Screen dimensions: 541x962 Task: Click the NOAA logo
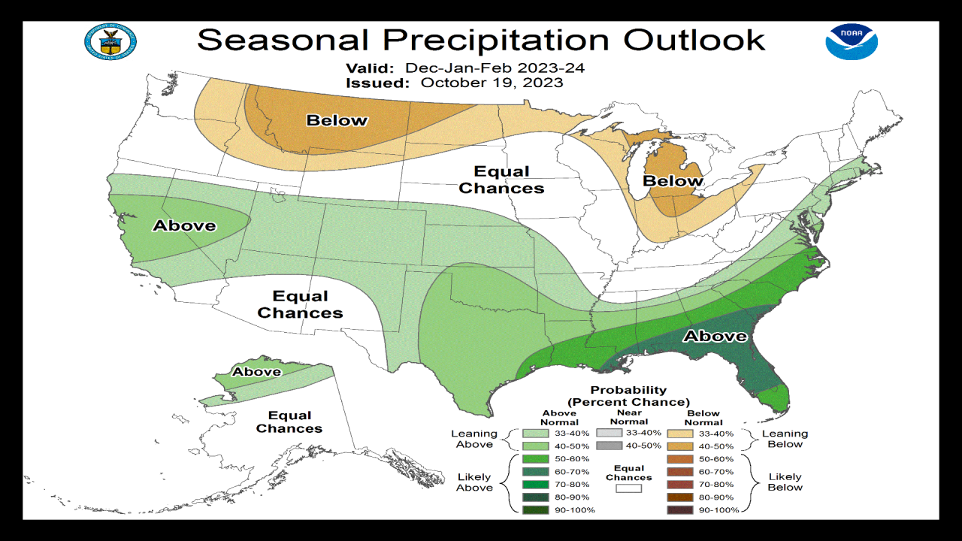tap(852, 41)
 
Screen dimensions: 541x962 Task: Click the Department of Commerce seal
tap(110, 42)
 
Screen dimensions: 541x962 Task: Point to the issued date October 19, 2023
tap(492, 83)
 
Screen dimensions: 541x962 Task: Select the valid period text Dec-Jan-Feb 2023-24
tap(495, 68)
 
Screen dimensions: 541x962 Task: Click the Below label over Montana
tap(337, 120)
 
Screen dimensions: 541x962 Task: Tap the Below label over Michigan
tap(673, 181)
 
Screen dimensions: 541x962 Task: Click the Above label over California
tap(185, 225)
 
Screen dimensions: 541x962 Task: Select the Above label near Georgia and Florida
tap(714, 336)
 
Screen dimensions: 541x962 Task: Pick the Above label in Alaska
tap(256, 372)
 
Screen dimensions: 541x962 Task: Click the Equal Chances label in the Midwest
tap(501, 180)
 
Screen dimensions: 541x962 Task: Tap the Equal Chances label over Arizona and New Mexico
tap(300, 304)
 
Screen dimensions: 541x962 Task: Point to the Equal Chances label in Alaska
tap(289, 422)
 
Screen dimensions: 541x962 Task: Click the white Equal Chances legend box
tap(629, 488)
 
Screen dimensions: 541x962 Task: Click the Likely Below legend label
tap(785, 482)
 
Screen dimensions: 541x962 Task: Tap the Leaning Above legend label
tap(474, 439)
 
